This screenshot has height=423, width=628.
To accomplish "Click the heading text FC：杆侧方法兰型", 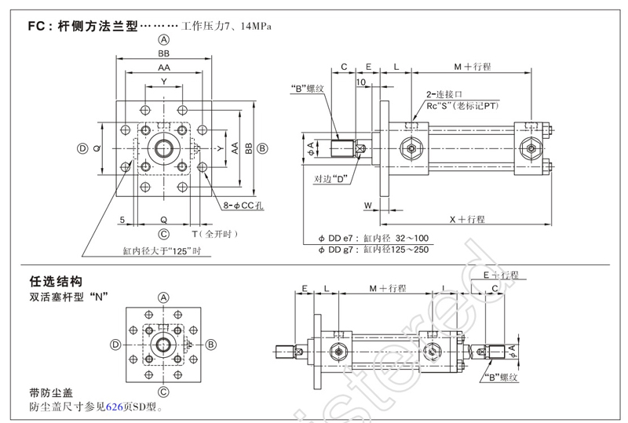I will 82,26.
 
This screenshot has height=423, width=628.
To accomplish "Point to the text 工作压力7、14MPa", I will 226,26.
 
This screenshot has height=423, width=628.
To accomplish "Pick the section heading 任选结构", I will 55,280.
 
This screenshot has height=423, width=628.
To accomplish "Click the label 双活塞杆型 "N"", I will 68,297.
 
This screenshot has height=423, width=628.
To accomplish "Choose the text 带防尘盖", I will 50,393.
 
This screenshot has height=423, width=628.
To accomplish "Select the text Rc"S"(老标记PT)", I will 463,105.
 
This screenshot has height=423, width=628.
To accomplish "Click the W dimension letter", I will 367,206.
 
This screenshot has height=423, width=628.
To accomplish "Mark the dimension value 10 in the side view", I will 360,82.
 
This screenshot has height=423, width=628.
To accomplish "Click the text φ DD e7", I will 338,237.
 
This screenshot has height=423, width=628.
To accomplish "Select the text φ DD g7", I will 338,249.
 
